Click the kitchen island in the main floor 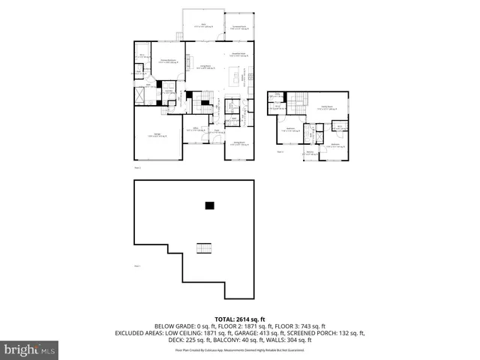pos(238,76)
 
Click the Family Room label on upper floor pos(328,107)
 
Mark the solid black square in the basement pos(210,205)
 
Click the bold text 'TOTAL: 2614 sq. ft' pos(239,317)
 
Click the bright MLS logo pos(29,349)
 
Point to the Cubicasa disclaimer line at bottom pos(239,349)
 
